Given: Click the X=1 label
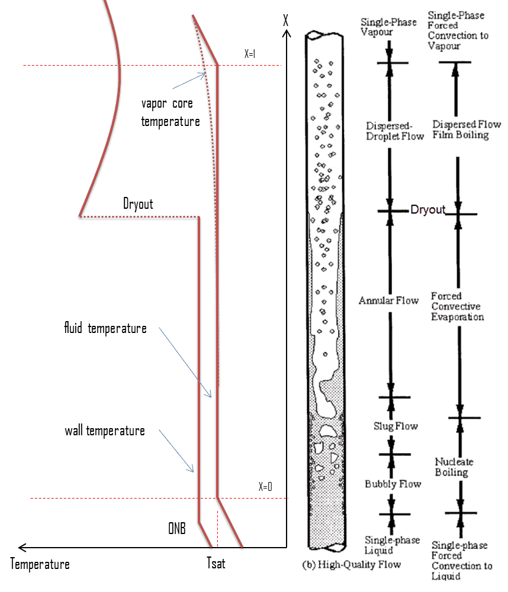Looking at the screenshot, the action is pos(249,54).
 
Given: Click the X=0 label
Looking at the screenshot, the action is pos(265,486).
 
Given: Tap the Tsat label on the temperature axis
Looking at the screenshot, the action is pos(216,563).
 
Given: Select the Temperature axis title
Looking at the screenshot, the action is pos(40,564).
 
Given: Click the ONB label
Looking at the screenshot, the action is pos(177,528).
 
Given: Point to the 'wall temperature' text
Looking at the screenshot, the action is pos(105,431).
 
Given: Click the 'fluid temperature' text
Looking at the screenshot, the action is pos(105,328).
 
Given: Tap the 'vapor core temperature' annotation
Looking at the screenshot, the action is pos(170,112).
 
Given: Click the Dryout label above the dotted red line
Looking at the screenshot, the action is pos(138,204).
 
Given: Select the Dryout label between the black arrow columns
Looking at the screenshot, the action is pos(428,209).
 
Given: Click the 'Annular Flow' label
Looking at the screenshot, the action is pos(388,300).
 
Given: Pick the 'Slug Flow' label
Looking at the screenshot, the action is pos(396,426).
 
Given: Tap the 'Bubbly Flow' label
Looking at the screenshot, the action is pos(393,484).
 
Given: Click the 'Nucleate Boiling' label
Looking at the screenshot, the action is pos(454,467).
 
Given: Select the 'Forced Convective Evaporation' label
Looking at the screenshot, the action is pos(457,306).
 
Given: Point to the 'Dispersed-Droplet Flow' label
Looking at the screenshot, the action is pos(394,131).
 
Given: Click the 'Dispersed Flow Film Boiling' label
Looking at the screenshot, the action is pos(467,130).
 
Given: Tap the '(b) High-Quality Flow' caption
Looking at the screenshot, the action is pos(352,564).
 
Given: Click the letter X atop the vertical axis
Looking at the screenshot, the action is pos(286,20).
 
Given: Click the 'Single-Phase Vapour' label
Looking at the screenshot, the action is pos(388,27).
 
